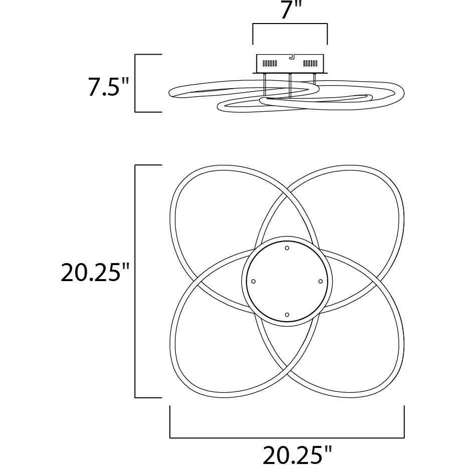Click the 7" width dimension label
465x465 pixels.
pos(290,11)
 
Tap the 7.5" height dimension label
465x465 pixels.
pos(108,87)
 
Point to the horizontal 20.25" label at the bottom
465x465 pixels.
pos(297,454)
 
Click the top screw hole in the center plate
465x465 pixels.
pos(287,248)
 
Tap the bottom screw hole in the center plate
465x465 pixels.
pos(287,315)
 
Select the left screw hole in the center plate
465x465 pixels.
pos(253,281)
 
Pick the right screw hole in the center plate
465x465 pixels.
pos(320,281)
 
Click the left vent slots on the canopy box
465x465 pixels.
pos(270,63)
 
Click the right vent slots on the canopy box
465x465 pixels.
pos(310,63)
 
